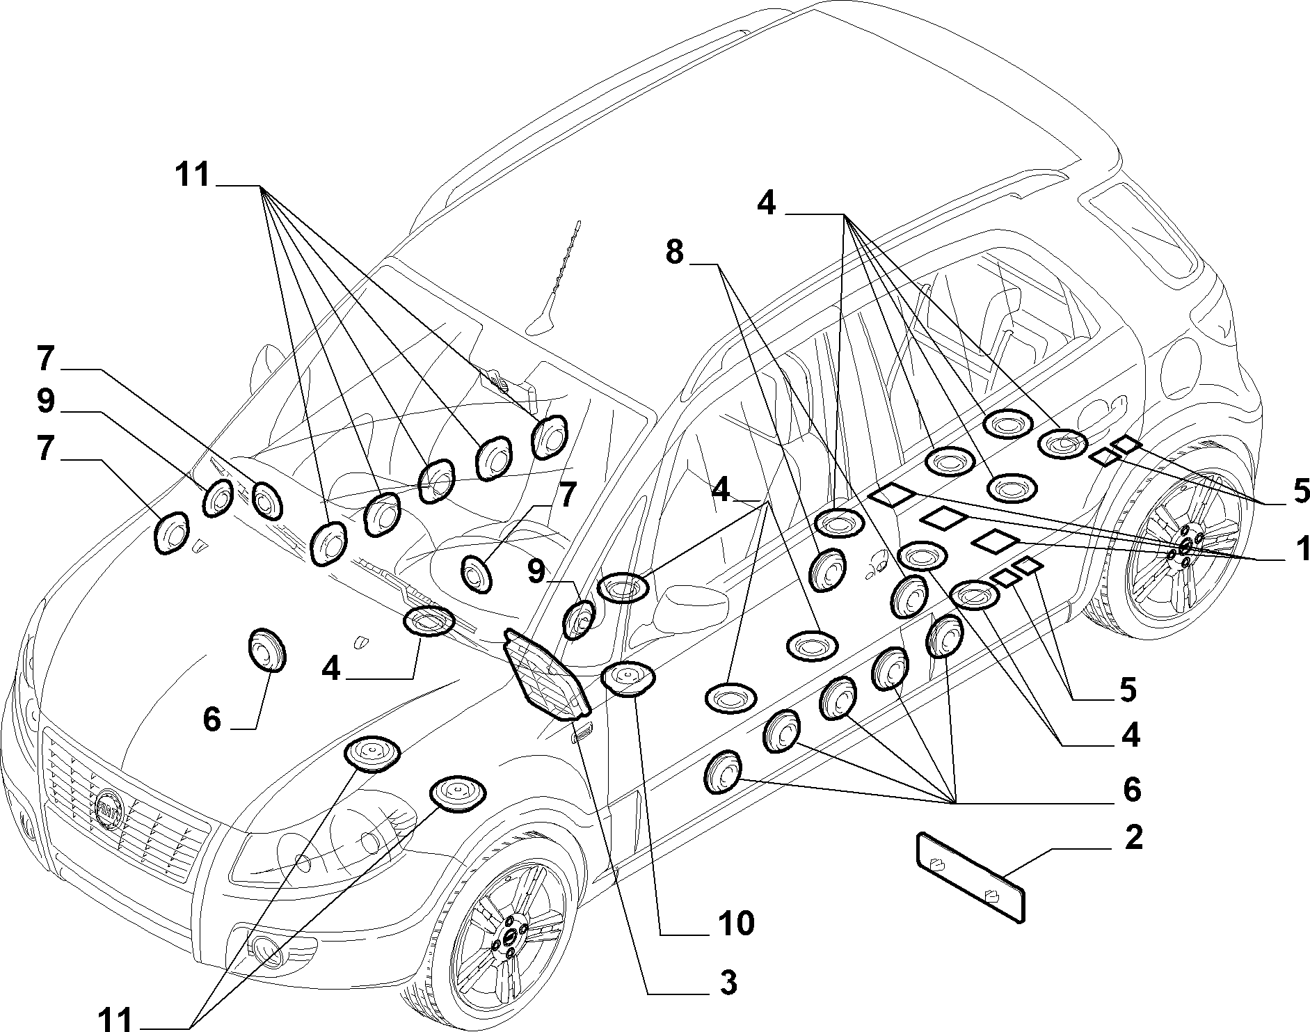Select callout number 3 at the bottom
click(728, 983)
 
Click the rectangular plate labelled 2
click(971, 878)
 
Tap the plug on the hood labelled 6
click(268, 651)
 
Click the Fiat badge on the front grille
click(108, 811)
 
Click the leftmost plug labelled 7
click(171, 534)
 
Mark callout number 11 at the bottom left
click(114, 1019)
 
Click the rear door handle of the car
click(1108, 406)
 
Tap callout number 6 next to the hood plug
click(211, 718)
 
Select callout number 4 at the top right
click(766, 203)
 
